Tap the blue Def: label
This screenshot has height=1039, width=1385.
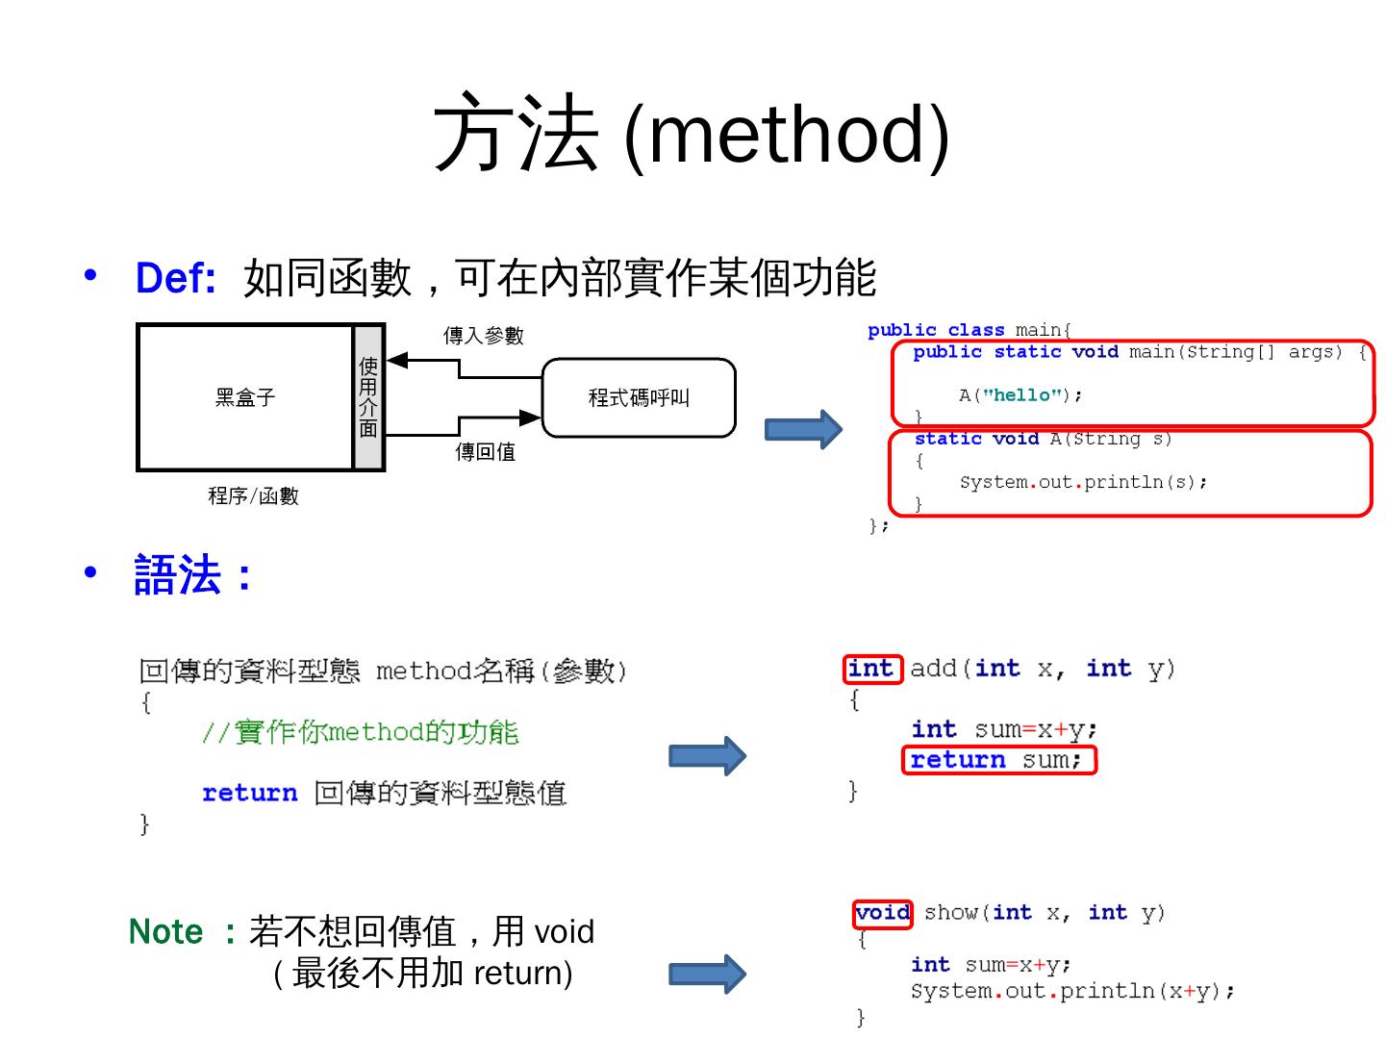tap(175, 278)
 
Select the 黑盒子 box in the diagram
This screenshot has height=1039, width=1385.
tap(245, 397)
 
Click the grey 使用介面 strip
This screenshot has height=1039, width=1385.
tap(368, 397)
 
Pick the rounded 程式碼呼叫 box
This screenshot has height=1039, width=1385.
tap(639, 397)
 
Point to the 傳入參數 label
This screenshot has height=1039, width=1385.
tap(483, 336)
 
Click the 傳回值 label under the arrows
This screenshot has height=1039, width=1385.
tap(485, 451)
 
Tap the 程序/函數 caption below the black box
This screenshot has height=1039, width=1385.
tap(253, 496)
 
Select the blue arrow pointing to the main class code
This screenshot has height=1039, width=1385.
tap(803, 429)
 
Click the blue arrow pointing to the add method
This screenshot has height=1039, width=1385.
tap(707, 756)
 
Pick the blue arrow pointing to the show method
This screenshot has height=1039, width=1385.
tap(707, 975)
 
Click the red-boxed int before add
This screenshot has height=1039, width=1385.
tap(871, 669)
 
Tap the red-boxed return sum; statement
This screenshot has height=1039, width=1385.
tap(998, 760)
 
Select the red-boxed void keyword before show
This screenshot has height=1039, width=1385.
tap(882, 912)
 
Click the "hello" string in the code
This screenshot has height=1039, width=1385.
tap(1021, 395)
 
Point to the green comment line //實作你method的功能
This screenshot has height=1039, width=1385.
tap(361, 732)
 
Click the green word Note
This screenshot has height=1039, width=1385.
tap(166, 931)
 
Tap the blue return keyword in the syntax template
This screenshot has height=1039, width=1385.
tap(249, 793)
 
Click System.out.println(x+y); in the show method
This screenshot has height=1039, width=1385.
tap(1072, 992)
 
